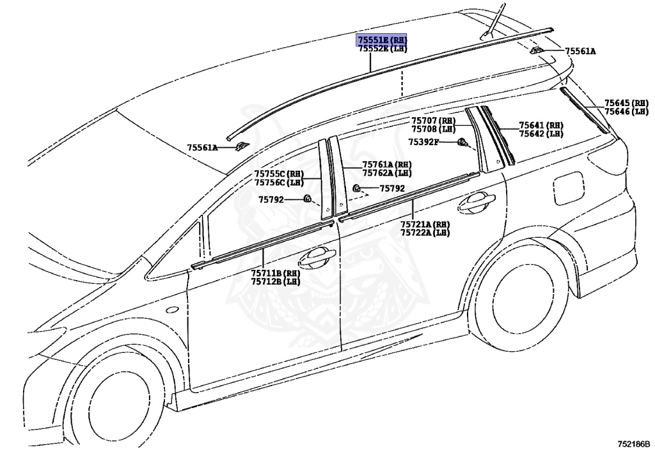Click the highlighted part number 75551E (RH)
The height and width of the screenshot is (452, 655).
click(x=382, y=40)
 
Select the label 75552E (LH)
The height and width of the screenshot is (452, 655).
click(x=382, y=49)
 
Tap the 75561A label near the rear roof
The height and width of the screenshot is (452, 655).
click(x=580, y=51)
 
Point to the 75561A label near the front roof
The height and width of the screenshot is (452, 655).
click(x=202, y=148)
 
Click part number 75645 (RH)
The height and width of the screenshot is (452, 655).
click(x=627, y=103)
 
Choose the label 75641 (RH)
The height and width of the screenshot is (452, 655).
click(x=541, y=125)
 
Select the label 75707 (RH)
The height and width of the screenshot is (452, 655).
click(x=433, y=121)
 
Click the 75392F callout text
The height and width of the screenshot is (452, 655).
click(x=423, y=142)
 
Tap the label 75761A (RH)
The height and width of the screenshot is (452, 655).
click(x=386, y=165)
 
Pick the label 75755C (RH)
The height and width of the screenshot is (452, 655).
click(x=278, y=174)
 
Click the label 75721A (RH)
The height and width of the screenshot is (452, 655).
click(x=425, y=224)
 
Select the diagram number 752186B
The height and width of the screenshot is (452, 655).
click(x=633, y=443)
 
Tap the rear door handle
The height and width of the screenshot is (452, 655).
click(x=476, y=203)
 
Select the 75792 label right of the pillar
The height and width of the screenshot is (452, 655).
click(x=392, y=189)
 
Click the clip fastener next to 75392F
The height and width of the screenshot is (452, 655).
click(x=462, y=142)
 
